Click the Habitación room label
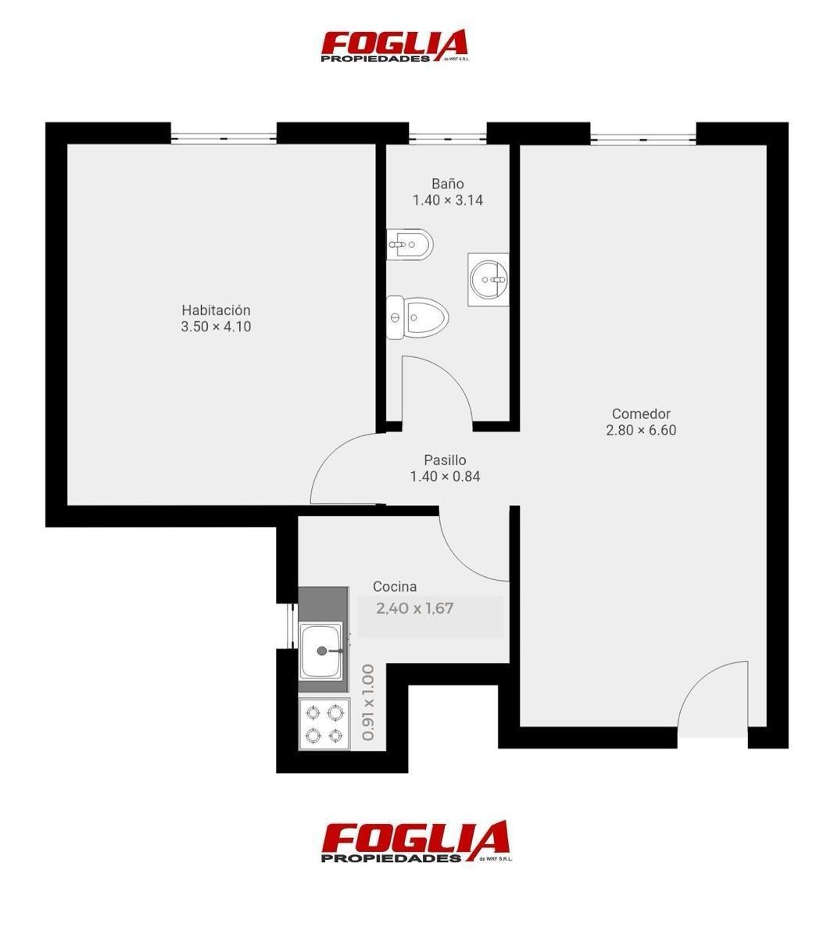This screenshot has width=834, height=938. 216,310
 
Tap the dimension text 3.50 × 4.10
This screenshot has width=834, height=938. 216,327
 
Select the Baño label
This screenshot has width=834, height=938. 448,184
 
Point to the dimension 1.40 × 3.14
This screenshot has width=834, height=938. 448,200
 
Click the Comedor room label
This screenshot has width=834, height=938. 641,414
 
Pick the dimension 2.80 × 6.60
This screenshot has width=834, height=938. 641,430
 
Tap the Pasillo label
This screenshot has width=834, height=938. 445,460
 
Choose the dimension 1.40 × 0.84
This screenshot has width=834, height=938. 445,476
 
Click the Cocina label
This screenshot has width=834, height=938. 395,586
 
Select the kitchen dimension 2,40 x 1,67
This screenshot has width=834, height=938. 414,608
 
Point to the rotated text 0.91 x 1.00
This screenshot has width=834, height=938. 367,703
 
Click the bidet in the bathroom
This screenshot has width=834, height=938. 410,244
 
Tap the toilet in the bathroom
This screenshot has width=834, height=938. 417,317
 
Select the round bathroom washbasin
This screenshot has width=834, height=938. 489,279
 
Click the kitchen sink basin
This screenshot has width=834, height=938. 321,651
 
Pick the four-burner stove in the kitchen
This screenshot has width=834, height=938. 324,724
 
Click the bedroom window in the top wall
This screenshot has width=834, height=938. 224,138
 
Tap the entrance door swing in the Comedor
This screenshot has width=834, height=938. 713,700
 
